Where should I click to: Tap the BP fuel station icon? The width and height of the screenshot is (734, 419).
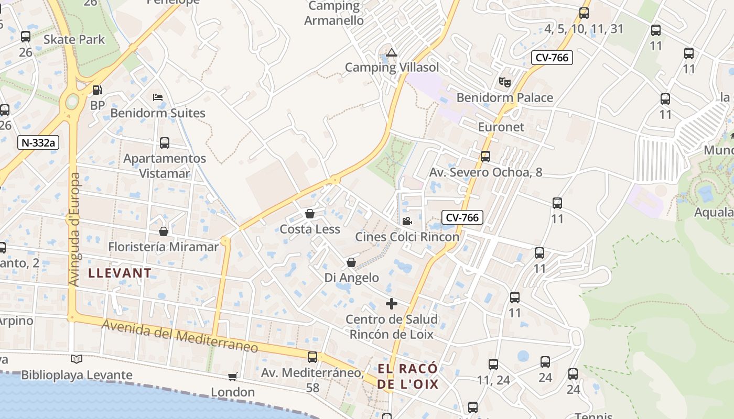click(x=97, y=90)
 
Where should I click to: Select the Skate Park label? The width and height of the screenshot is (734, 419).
click(x=74, y=39)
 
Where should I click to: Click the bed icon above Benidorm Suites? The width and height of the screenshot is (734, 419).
click(x=157, y=97)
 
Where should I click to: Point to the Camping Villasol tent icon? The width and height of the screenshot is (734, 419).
click(x=392, y=52)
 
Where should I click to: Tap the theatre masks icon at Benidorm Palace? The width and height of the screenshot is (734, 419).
click(x=504, y=82)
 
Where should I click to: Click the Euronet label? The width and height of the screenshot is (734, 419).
click(x=501, y=127)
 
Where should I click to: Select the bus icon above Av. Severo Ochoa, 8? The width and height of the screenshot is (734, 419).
click(x=485, y=156)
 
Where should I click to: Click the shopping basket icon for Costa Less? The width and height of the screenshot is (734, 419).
click(x=310, y=214)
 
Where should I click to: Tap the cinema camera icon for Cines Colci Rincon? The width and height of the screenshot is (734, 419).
click(x=407, y=221)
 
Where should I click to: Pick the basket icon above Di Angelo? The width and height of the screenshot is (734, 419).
click(x=351, y=262)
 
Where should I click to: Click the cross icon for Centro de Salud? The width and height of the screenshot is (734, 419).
click(x=392, y=304)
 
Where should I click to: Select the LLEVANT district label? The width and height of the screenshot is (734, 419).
click(x=120, y=273)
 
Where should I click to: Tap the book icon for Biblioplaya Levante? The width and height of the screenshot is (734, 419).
click(x=77, y=359)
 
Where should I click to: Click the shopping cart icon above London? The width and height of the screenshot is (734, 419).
click(x=233, y=377)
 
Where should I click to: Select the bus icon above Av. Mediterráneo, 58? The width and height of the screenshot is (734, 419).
click(x=312, y=357)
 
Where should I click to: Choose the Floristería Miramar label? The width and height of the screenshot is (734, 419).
click(x=163, y=247)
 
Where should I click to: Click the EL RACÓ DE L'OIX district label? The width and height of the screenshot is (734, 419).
click(x=408, y=377)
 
